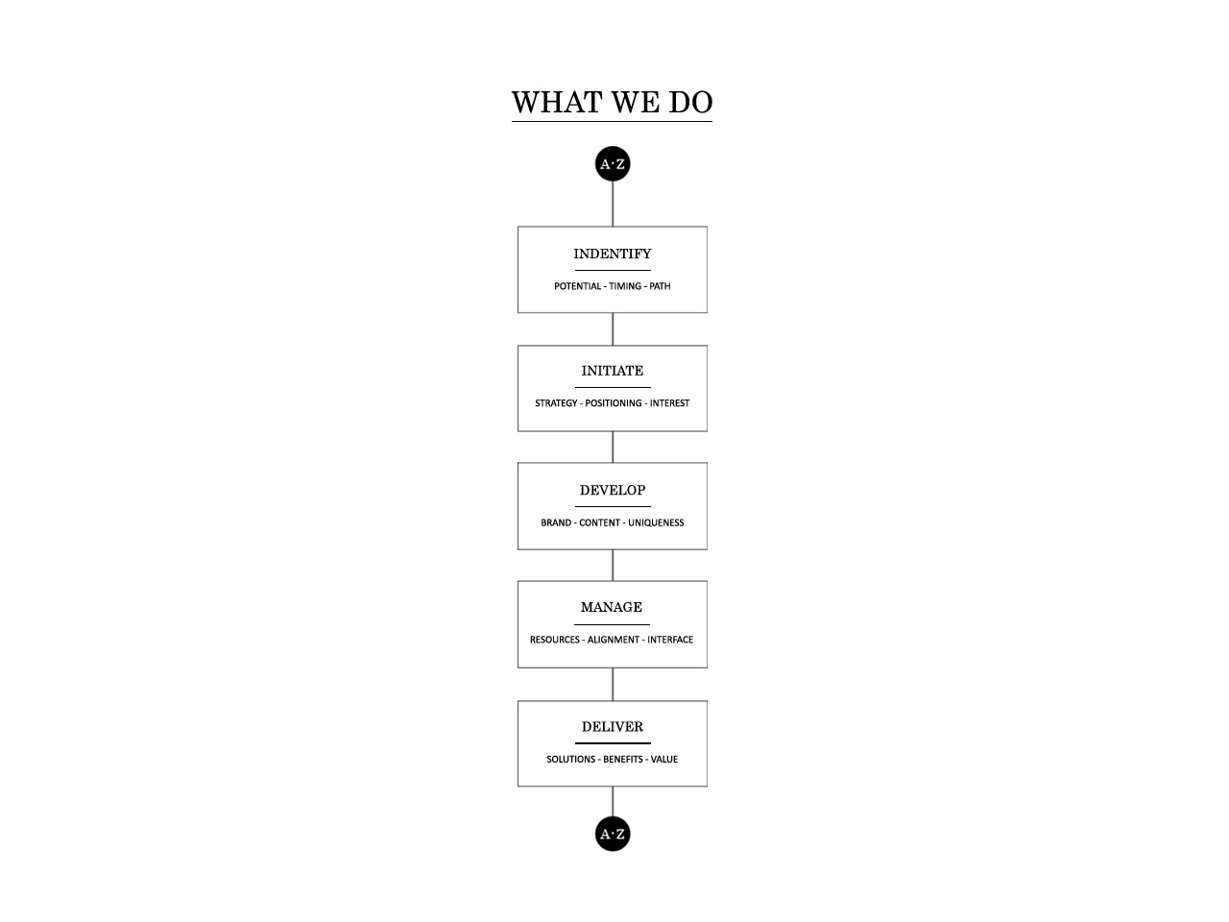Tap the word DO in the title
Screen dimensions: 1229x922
[690, 103]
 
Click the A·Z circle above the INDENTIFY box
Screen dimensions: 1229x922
[613, 164]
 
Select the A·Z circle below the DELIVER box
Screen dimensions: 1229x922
[613, 834]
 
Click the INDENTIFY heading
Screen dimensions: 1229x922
[613, 254]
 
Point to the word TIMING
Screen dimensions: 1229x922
[625, 286]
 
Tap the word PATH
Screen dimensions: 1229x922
[660, 286]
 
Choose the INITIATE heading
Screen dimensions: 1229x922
[613, 371]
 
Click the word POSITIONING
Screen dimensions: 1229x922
[614, 403]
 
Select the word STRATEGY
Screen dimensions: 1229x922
[556, 403]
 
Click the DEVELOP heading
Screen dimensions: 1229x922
[613, 491]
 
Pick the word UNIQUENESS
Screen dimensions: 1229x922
[656, 522]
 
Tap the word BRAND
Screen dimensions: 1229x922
[556, 522]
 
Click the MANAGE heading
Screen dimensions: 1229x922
[612, 607]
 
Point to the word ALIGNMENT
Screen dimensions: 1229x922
[614, 640]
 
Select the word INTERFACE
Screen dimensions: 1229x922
[670, 640]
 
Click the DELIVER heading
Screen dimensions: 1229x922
[613, 727]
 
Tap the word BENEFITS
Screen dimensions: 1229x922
[622, 760]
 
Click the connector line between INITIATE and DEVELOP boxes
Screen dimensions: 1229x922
[613, 448]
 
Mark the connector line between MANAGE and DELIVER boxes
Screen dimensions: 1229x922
[613, 685]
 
